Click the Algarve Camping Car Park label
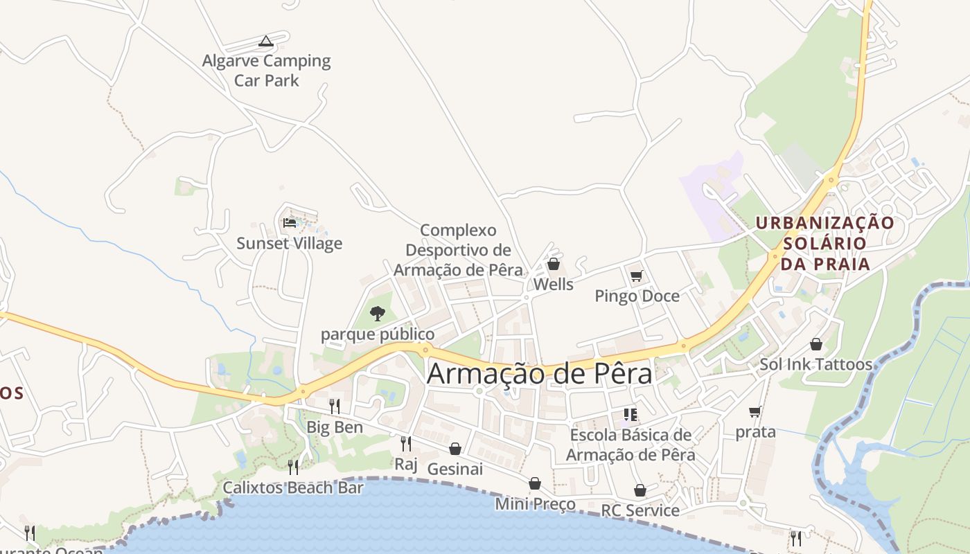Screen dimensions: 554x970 (x=267, y=71)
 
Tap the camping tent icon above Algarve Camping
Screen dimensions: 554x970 (x=266, y=42)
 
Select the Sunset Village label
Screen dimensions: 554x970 (x=290, y=243)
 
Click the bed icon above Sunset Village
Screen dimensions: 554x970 (x=290, y=223)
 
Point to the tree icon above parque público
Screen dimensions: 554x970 (x=378, y=314)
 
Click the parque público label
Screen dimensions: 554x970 (x=378, y=334)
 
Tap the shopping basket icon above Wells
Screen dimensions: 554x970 (x=554, y=264)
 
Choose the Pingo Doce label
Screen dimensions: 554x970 (x=637, y=296)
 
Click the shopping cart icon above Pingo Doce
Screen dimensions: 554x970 (x=637, y=276)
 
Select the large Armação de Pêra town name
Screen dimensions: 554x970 (x=540, y=374)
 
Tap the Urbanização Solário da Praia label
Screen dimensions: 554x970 (x=824, y=243)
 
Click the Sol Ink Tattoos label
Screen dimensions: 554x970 (x=815, y=364)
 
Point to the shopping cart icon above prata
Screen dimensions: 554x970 (x=755, y=412)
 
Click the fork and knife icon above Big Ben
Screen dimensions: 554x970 (x=335, y=406)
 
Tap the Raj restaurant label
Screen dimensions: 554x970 (x=406, y=463)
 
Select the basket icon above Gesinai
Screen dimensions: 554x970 (x=455, y=449)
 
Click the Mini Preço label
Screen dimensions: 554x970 (x=535, y=503)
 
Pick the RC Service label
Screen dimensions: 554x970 (x=640, y=510)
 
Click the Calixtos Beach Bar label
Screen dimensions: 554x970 (x=293, y=488)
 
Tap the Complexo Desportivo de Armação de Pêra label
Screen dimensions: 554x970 (x=459, y=250)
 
